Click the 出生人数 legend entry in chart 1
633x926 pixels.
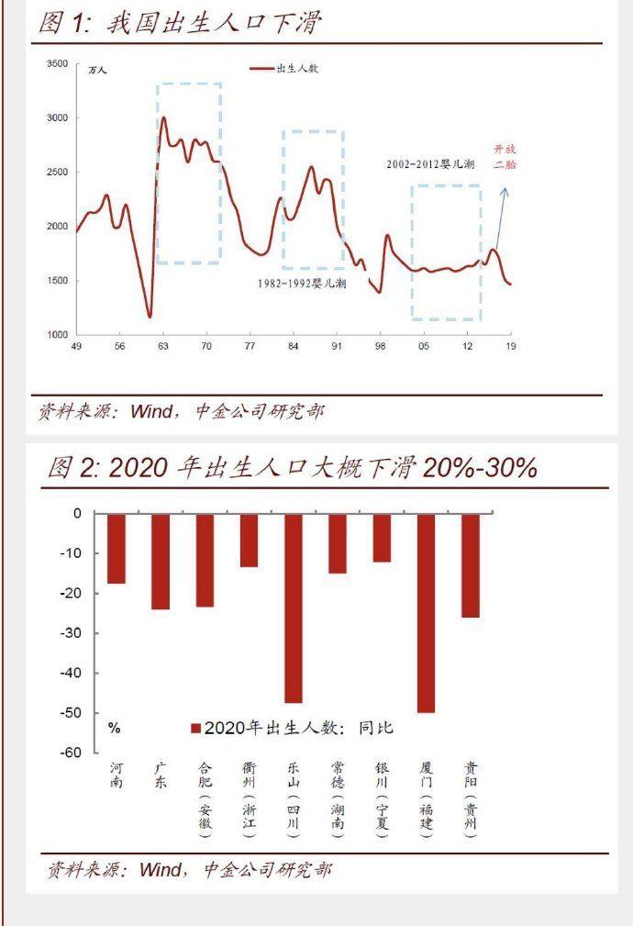pyautogui.click(x=286, y=69)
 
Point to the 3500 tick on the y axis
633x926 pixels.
pyautogui.click(x=57, y=64)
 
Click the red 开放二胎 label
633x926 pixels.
pyautogui.click(x=505, y=156)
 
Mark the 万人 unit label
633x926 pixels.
pyautogui.click(x=97, y=70)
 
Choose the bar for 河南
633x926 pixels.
pyautogui.click(x=116, y=549)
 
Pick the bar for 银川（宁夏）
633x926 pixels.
pyautogui.click(x=382, y=538)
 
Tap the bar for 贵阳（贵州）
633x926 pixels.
pyautogui.click(x=471, y=565)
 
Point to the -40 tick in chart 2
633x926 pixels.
pyautogui.click(x=70, y=673)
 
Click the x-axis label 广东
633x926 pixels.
pyautogui.click(x=161, y=776)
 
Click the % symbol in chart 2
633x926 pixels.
pyautogui.click(x=115, y=728)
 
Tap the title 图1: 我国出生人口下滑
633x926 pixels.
pyautogui.click(x=180, y=23)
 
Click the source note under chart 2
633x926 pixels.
pyautogui.click(x=188, y=869)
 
